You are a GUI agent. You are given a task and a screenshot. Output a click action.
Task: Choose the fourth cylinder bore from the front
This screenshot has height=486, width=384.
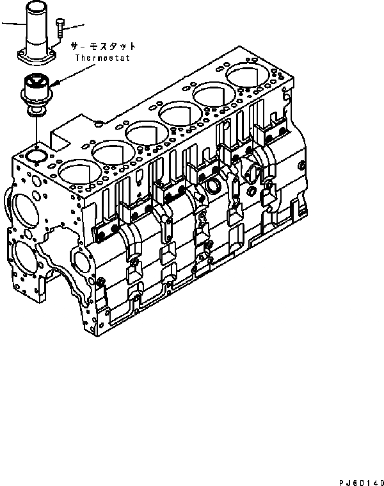tap(180, 115)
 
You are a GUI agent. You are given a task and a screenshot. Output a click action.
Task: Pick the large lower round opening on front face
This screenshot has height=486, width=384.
tap(23, 259)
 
